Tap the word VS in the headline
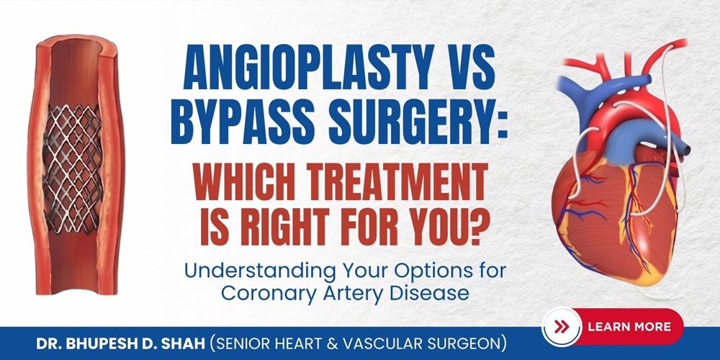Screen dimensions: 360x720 [x=467, y=74]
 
